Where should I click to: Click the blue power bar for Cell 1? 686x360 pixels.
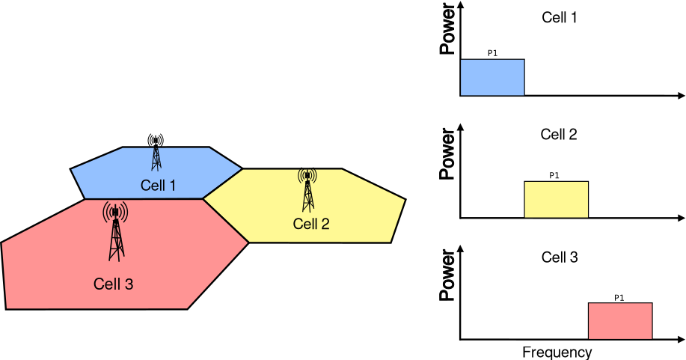point(491,77)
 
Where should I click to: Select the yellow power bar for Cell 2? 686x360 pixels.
point(556,199)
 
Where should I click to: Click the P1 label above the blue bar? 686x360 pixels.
point(492,54)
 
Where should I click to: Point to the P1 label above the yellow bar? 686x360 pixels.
point(554,176)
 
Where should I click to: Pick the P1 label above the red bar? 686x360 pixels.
point(619,297)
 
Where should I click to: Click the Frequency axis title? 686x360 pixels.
point(557,352)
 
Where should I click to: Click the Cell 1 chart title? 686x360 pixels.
point(560,16)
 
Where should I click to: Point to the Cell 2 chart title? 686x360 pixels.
point(560,135)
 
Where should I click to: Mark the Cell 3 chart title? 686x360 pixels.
point(560,257)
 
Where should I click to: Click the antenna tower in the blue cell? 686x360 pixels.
point(156,153)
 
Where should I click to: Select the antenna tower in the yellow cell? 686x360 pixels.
point(307,190)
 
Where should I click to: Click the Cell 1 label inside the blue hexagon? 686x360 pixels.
point(158,185)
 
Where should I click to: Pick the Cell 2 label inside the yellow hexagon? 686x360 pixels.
point(311,224)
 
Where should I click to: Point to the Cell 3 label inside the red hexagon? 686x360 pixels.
point(114,284)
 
